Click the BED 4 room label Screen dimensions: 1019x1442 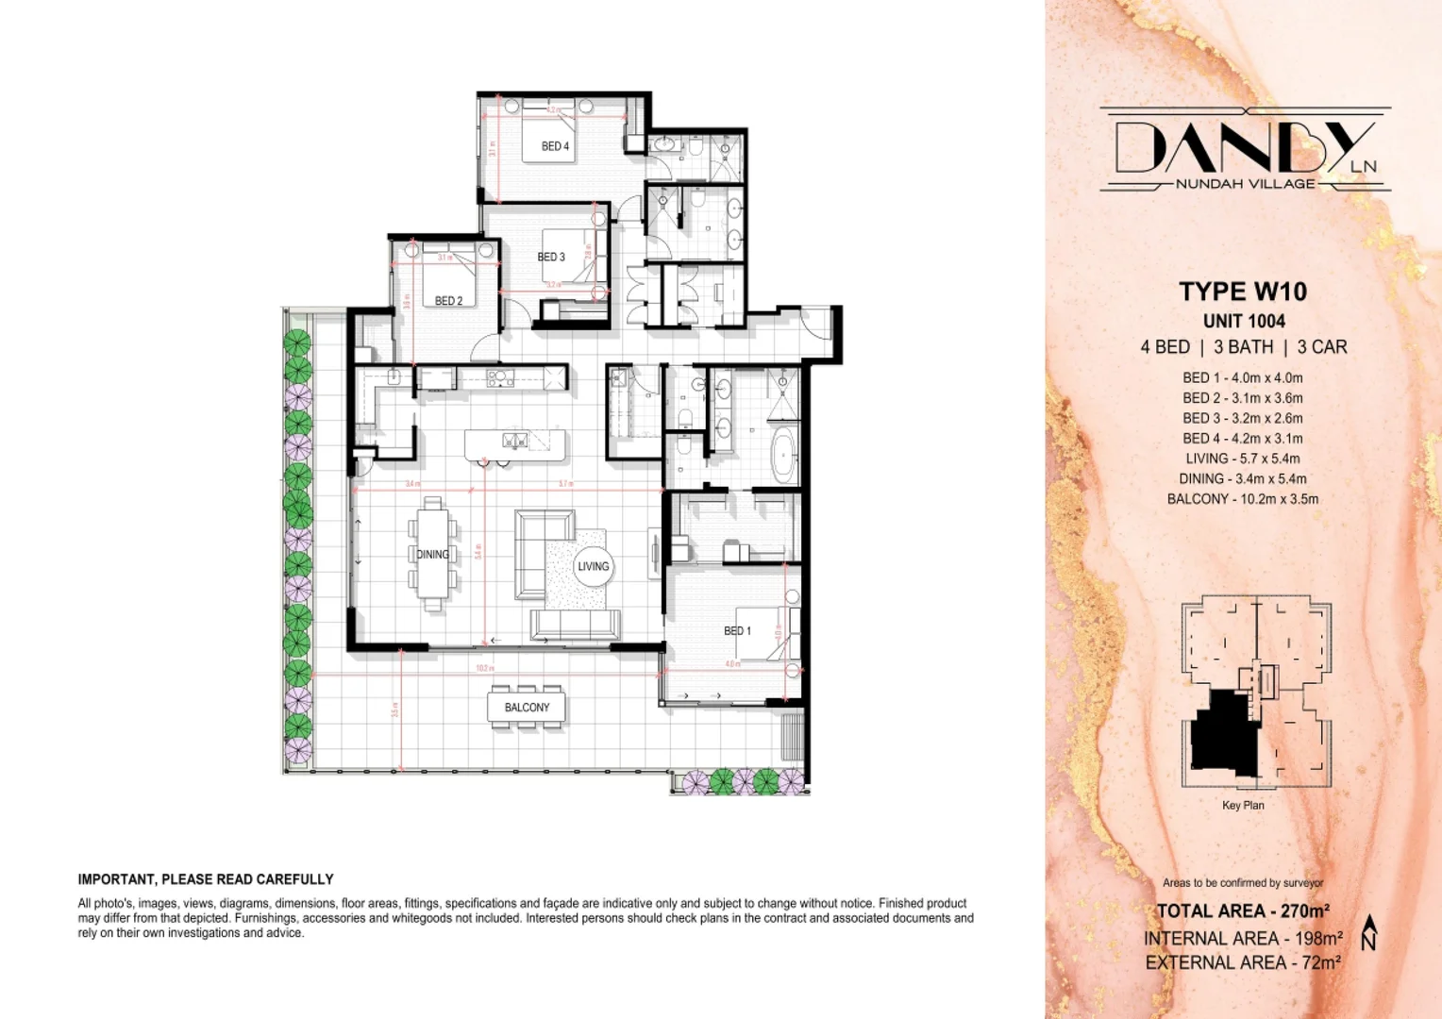pyautogui.click(x=555, y=146)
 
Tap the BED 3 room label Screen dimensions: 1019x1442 pyautogui.click(x=551, y=257)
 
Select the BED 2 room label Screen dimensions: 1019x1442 pyautogui.click(x=448, y=301)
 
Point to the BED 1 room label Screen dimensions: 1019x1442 pyautogui.click(x=737, y=630)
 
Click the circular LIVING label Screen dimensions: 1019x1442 pyautogui.click(x=593, y=566)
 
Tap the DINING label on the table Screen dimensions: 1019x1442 pyautogui.click(x=432, y=554)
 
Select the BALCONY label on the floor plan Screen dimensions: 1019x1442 pyautogui.click(x=527, y=707)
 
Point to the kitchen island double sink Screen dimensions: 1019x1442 pyautogui.click(x=514, y=440)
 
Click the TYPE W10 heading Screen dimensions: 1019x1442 pyautogui.click(x=1243, y=292)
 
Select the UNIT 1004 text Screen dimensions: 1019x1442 pyautogui.click(x=1243, y=321)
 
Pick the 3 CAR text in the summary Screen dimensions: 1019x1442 pyautogui.click(x=1322, y=347)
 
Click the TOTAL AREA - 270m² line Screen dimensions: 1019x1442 pyautogui.click(x=1243, y=910)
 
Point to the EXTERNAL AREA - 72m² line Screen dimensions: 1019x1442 pyautogui.click(x=1243, y=962)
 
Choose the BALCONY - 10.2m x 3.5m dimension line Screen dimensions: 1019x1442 pyautogui.click(x=1242, y=499)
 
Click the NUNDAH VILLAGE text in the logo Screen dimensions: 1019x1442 pyautogui.click(x=1245, y=184)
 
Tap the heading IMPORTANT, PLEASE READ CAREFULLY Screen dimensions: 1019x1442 pyautogui.click(x=206, y=879)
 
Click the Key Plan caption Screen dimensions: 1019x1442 pyautogui.click(x=1242, y=805)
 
